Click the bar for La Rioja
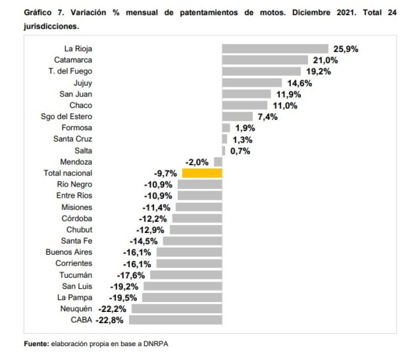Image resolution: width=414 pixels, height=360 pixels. [x=275, y=49]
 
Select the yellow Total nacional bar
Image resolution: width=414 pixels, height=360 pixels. [x=202, y=173]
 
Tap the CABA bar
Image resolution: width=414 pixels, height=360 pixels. [x=175, y=320]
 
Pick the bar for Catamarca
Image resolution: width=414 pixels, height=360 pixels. [x=265, y=60]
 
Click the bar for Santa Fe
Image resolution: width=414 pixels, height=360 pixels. [x=192, y=241]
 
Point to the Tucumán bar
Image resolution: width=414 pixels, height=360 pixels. [x=186, y=275]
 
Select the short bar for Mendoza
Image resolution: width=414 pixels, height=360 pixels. [x=218, y=162]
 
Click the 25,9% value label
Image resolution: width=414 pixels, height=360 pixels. [x=345, y=49]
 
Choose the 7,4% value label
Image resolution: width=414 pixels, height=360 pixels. [x=267, y=117]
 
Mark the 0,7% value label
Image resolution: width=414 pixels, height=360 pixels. [x=240, y=151]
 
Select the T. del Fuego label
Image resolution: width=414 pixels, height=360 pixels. [x=70, y=71]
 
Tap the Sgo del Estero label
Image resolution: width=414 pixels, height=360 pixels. [x=67, y=117]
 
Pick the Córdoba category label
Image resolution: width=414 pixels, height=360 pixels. [x=77, y=218]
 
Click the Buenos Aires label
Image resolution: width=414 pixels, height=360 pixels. [x=69, y=252]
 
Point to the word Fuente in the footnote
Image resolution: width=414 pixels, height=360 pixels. [x=36, y=344]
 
